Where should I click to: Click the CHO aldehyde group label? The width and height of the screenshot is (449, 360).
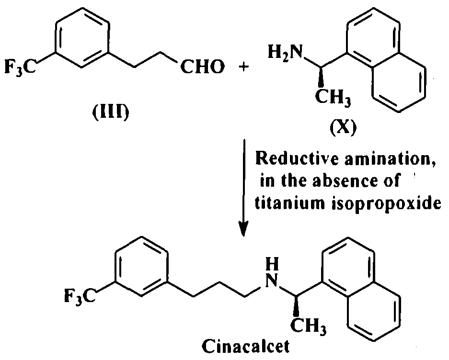tap(202, 67)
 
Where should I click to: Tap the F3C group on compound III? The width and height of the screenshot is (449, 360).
tap(21, 67)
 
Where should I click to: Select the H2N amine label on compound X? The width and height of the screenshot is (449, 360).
tap(285, 52)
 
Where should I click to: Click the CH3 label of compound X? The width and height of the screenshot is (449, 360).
tap(333, 97)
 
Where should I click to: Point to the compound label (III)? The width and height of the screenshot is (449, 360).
tap(111, 112)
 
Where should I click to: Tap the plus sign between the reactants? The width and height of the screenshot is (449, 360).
tap(243, 67)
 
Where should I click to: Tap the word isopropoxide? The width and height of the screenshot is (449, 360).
tap(386, 204)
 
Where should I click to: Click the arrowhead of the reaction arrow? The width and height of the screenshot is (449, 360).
tap(243, 228)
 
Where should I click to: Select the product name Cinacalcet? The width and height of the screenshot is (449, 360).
tap(246, 347)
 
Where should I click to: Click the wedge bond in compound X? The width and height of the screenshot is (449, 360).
tap(321, 77)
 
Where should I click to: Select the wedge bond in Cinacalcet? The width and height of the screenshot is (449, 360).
tap(296, 305)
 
